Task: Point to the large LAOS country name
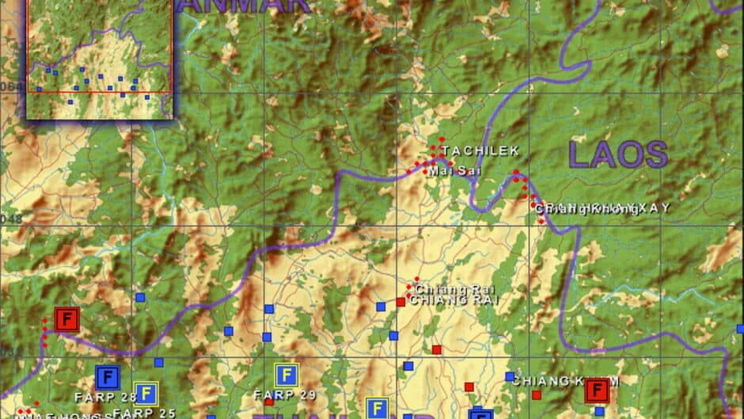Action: [x=618, y=154]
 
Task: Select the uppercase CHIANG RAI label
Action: [x=455, y=300]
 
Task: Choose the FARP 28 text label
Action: [x=106, y=396]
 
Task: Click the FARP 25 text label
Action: [x=144, y=413]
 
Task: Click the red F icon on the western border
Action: [x=67, y=320]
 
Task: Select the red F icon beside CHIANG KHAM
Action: [x=597, y=390]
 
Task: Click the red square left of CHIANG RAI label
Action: [x=400, y=302]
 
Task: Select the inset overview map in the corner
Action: [x=100, y=58]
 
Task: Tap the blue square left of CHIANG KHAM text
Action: [x=510, y=377]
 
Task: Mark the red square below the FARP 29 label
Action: [x=269, y=402]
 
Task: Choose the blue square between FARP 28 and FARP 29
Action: [x=158, y=362]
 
